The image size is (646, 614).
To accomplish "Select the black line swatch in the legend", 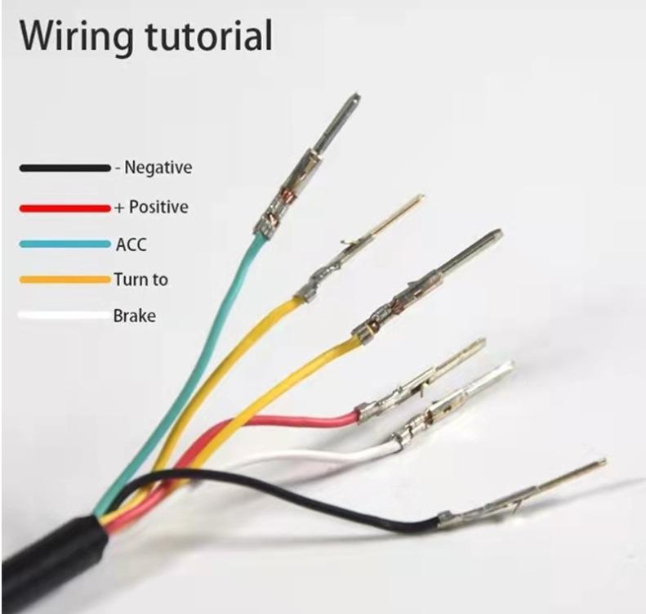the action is tap(64, 168).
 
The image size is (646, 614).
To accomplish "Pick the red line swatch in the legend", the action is tap(64, 208).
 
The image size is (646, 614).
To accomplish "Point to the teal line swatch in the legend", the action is tap(64, 244).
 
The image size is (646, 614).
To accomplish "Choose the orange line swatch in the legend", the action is tap(64, 280).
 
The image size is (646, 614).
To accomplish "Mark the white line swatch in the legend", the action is tap(64, 316).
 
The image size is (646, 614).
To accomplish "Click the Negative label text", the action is tap(158, 168).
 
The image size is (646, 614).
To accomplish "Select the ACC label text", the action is tap(131, 244).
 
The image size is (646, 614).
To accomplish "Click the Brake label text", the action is tap(134, 316).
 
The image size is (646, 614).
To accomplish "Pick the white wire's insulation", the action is tap(327, 454).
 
